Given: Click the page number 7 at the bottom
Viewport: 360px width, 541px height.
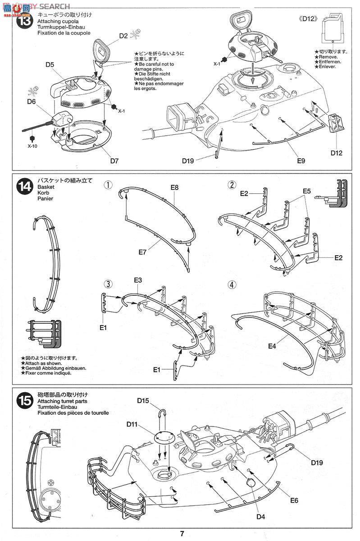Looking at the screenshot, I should coord(182,534).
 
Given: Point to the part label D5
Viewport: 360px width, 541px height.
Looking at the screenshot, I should coord(50,65).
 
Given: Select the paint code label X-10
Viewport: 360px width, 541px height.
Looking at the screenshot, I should coord(32,146).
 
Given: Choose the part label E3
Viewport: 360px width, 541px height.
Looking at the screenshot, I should coord(138,280).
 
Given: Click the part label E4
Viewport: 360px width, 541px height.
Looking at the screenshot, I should coord(272,346).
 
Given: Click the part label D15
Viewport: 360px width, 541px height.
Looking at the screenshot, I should coord(143,400).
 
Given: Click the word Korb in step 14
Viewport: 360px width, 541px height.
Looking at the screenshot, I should coord(43,192).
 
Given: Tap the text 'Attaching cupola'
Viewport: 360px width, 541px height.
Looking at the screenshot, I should coord(58,21).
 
